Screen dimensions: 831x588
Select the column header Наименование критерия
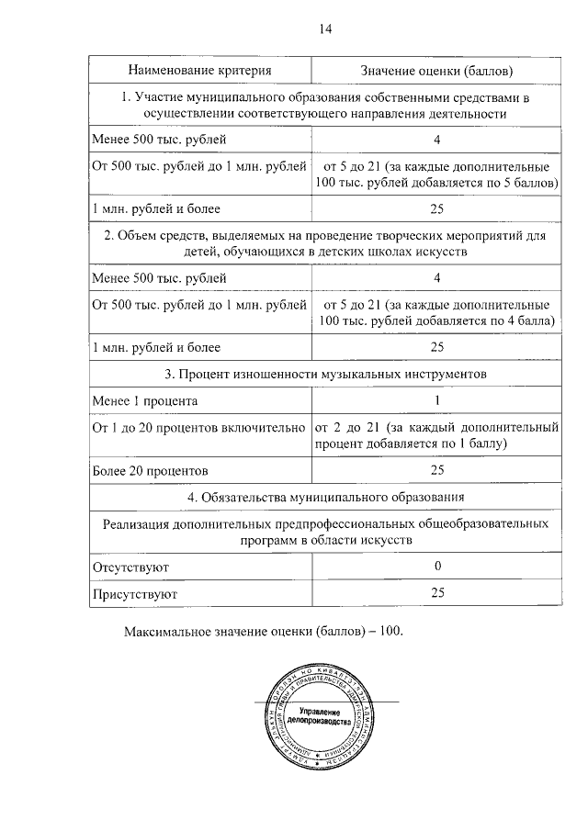point(199,70)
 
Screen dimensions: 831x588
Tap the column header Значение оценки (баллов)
point(436,70)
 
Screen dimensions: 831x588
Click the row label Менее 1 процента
point(144,401)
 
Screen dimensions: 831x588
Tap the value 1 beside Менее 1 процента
point(437,401)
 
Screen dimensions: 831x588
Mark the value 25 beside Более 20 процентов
point(437,470)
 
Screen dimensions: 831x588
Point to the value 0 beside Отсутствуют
point(437,567)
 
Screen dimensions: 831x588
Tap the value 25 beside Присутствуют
point(437,594)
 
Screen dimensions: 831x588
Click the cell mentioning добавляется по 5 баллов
point(437,175)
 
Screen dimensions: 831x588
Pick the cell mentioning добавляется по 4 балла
point(437,313)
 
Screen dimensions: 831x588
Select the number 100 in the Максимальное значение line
point(390,633)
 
